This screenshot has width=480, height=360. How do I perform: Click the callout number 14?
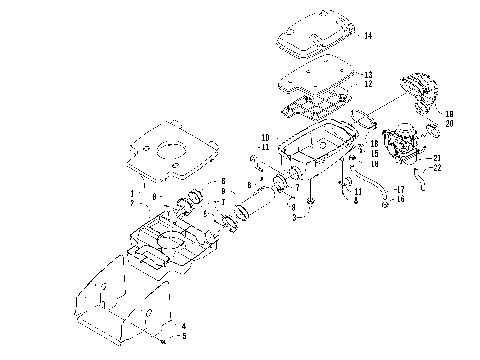pos(368,36)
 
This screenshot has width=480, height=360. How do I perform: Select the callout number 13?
pos(368,74)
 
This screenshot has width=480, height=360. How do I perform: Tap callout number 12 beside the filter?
pos(368,84)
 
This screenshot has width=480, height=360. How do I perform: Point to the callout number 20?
pos(449,124)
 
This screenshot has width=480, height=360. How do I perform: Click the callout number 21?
pos(435,159)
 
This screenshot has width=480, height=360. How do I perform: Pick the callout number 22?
pos(435,168)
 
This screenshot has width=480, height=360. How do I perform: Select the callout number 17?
pos(398,188)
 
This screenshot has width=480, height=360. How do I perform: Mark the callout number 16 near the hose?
pos(398,198)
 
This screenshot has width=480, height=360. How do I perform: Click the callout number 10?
pos(266,136)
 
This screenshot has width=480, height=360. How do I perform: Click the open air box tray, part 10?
pos(320,145)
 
